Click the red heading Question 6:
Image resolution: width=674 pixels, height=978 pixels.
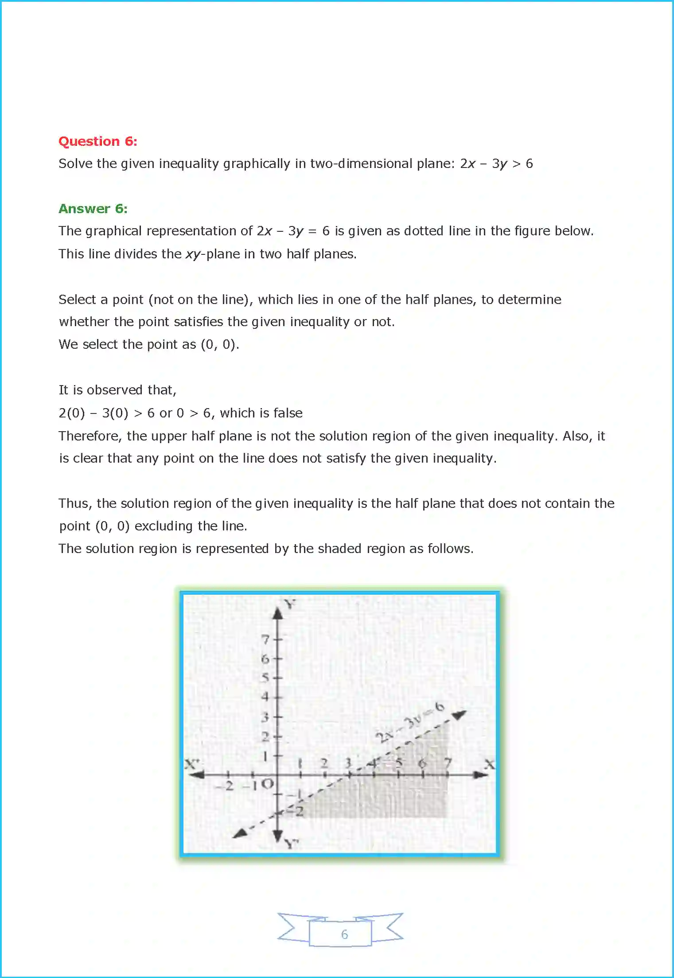click(x=97, y=141)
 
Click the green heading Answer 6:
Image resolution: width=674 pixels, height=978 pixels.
click(x=93, y=209)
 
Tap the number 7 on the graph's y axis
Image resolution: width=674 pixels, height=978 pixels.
click(x=265, y=639)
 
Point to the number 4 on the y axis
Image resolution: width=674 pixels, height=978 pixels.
click(x=265, y=697)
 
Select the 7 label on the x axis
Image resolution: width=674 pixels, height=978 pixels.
click(x=448, y=763)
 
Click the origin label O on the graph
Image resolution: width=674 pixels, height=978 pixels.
click(x=267, y=784)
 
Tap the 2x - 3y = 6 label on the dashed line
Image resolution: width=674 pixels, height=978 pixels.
click(x=409, y=723)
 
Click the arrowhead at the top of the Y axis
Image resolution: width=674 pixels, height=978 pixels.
click(x=278, y=613)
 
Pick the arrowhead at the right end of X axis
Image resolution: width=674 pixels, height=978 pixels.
click(x=480, y=775)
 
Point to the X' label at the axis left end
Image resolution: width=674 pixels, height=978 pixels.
click(x=192, y=764)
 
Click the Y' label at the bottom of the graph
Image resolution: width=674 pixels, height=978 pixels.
click(x=291, y=843)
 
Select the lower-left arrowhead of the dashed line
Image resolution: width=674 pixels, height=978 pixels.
click(x=240, y=834)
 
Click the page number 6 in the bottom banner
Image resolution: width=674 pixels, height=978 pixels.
click(x=344, y=935)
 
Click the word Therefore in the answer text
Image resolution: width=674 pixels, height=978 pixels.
click(x=90, y=436)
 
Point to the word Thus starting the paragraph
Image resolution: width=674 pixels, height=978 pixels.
click(x=75, y=503)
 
